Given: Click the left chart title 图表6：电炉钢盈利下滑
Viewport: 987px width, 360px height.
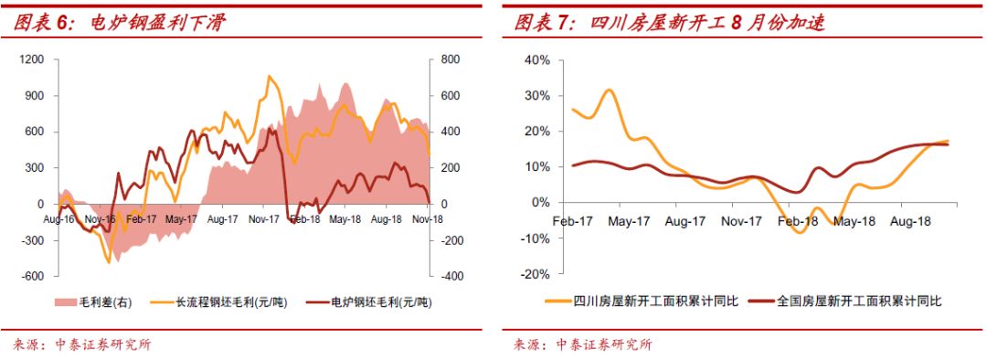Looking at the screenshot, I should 119,23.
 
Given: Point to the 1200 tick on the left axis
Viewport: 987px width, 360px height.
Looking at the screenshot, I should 32,59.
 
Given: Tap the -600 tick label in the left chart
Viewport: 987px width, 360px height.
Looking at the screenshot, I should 32,276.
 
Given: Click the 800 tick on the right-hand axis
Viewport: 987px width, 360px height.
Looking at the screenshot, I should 448,59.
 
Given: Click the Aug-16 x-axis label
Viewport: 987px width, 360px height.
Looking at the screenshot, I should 58,219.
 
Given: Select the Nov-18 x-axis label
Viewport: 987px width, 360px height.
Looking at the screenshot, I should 428,219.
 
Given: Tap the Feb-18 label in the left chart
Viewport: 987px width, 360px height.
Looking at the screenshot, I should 304,219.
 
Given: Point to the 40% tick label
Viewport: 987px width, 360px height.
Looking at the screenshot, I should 536,60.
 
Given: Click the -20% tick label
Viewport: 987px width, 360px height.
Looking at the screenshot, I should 535,274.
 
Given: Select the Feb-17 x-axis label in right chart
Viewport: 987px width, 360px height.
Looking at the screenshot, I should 573,221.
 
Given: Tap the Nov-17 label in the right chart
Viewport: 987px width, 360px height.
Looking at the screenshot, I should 741,221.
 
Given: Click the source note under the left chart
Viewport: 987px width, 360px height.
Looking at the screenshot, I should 82,344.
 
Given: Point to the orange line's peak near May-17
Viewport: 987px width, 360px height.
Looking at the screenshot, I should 610,90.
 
